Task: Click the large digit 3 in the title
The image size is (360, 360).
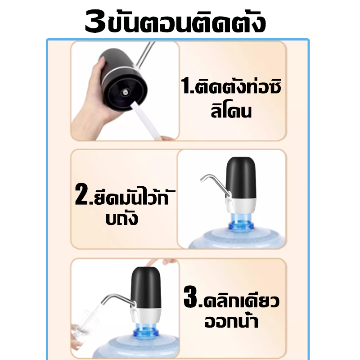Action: tap(95, 21)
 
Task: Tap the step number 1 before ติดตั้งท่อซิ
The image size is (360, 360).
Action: tap(185, 85)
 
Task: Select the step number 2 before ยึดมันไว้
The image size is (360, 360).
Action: tap(81, 194)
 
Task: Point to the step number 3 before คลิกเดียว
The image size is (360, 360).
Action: tap(190, 296)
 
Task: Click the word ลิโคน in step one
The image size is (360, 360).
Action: tap(231, 111)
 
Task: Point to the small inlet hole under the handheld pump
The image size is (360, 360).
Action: tap(126, 92)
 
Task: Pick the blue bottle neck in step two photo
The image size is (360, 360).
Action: tap(241, 221)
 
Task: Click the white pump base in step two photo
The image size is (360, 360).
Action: tap(241, 205)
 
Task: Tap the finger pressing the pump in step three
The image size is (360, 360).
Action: tap(161, 262)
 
